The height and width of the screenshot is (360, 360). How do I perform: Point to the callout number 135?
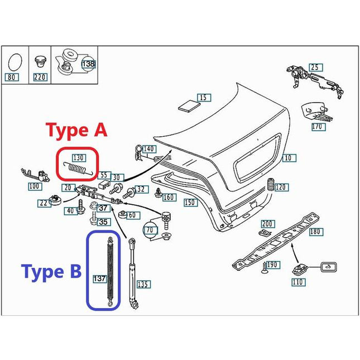(143, 285)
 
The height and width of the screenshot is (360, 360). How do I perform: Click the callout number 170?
(318, 127)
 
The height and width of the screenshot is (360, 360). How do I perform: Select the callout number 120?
(281, 187)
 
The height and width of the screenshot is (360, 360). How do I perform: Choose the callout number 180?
(315, 231)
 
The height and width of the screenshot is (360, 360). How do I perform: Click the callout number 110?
(298, 282)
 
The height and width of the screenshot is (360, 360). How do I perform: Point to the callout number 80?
(12, 78)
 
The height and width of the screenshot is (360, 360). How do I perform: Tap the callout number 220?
(40, 78)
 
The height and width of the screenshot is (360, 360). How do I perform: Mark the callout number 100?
(35, 186)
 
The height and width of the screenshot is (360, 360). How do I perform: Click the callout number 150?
(190, 203)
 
